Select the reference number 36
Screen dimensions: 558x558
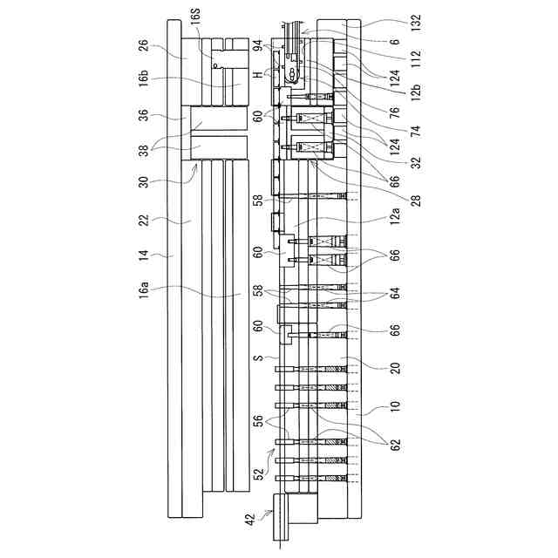point(143,115)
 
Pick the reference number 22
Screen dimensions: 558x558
point(143,221)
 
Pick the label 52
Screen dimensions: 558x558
point(258,475)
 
